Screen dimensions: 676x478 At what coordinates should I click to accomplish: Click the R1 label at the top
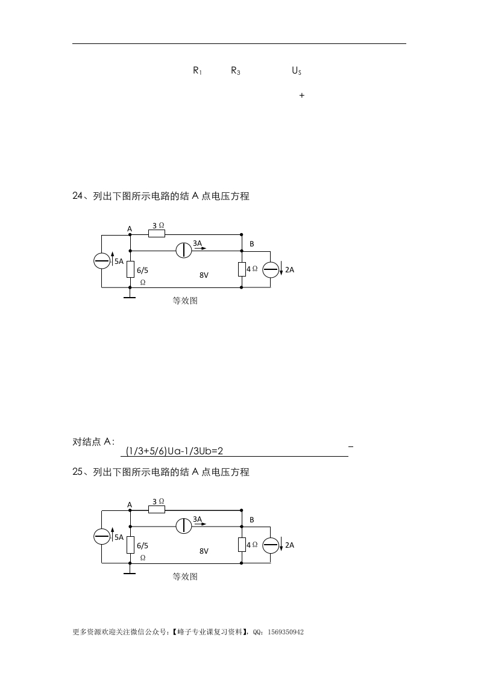197,70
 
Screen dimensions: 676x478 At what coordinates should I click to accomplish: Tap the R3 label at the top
236,70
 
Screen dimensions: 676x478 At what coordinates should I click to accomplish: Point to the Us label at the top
297,70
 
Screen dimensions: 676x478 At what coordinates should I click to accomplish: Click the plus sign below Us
301,95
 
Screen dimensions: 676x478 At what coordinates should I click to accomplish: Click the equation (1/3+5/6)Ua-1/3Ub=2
179,451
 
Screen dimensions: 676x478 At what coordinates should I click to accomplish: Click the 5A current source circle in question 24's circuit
102,261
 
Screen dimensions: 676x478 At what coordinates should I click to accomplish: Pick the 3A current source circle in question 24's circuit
184,250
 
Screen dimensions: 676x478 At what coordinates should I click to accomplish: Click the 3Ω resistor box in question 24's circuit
157,234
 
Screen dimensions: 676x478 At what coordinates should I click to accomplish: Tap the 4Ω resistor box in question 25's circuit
241,545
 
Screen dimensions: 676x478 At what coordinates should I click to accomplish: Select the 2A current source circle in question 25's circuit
271,545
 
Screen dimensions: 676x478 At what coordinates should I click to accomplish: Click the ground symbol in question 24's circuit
130,296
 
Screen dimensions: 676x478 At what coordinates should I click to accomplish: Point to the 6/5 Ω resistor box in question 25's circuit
130,545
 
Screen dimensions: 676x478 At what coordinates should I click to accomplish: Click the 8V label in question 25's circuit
204,551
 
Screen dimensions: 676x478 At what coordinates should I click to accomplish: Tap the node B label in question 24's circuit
252,243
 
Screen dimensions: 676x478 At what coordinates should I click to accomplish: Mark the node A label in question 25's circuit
129,504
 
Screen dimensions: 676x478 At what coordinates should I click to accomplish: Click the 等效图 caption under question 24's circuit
185,301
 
